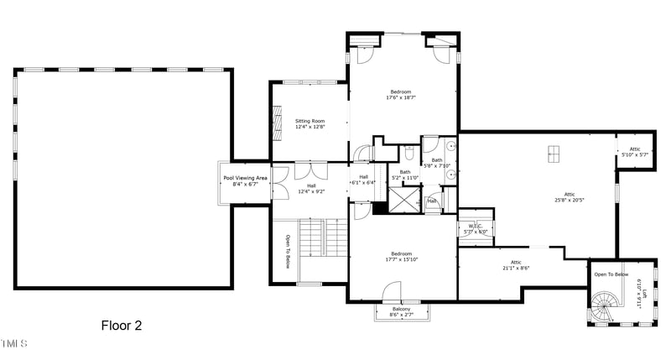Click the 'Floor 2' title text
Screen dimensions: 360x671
point(121,326)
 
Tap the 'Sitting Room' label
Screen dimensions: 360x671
point(309,121)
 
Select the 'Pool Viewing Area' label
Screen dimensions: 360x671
point(245,178)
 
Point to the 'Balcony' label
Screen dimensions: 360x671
point(401,310)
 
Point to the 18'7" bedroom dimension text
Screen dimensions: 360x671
point(401,97)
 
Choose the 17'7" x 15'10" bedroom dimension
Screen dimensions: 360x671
point(401,259)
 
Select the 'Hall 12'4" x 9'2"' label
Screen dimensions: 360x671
point(310,188)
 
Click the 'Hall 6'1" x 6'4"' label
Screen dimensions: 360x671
point(364,180)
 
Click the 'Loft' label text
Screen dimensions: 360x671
point(644,294)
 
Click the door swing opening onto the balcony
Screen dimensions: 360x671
point(392,293)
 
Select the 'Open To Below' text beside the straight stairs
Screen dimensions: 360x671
point(287,251)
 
